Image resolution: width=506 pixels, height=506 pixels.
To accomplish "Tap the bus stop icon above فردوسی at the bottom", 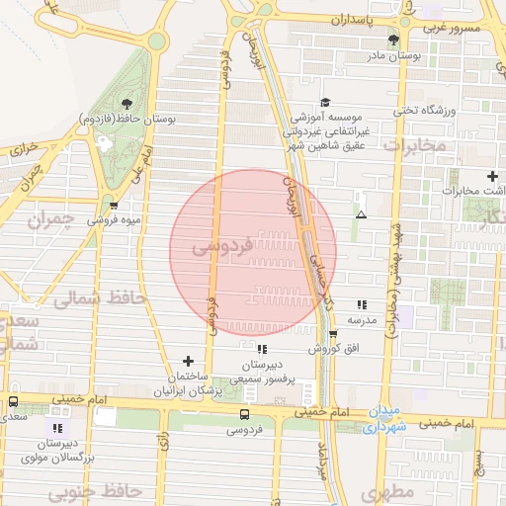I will coord(244,413).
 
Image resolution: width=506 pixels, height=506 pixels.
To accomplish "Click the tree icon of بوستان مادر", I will coord(393,41).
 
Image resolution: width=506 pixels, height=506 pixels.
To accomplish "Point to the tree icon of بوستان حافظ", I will coord(126,103).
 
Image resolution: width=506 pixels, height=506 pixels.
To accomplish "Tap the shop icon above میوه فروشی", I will coord(113,207).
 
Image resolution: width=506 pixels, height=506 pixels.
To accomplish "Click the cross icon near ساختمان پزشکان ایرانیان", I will coord(189,361).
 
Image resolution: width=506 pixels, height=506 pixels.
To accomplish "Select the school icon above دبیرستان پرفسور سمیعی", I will coord(261,349).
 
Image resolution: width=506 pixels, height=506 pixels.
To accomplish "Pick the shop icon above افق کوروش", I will coord(332,334).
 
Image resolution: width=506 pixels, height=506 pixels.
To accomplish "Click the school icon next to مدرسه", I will coord(362,304).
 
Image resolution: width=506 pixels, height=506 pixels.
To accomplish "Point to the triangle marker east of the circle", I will coord(361,214).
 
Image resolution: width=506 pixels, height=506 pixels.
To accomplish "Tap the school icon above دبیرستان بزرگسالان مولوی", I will coord(57,427).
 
